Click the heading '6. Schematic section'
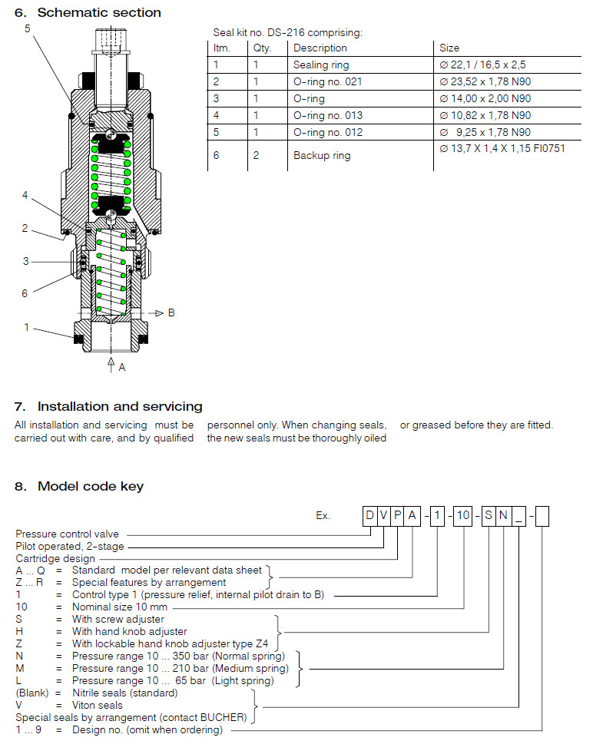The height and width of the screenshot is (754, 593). point(88,12)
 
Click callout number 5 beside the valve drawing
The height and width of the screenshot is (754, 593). point(28,28)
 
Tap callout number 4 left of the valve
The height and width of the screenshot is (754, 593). point(25,195)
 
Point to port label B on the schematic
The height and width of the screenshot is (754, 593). point(171,313)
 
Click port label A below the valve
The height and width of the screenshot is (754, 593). point(121,367)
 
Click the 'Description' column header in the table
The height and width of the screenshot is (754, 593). point(320,48)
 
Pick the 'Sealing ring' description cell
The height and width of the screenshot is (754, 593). point(320,64)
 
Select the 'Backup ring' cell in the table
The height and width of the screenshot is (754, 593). point(321,155)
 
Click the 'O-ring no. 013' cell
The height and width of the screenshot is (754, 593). point(327,115)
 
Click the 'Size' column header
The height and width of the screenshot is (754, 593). point(449,48)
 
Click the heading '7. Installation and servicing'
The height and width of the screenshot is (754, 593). point(108,406)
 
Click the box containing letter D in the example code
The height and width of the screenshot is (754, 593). point(369,516)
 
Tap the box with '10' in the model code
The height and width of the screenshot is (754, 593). point(462,516)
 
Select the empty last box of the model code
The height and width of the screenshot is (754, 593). point(542,516)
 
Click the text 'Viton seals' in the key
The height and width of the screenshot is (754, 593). point(97,705)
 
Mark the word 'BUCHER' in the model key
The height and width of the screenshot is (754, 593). point(226,717)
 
